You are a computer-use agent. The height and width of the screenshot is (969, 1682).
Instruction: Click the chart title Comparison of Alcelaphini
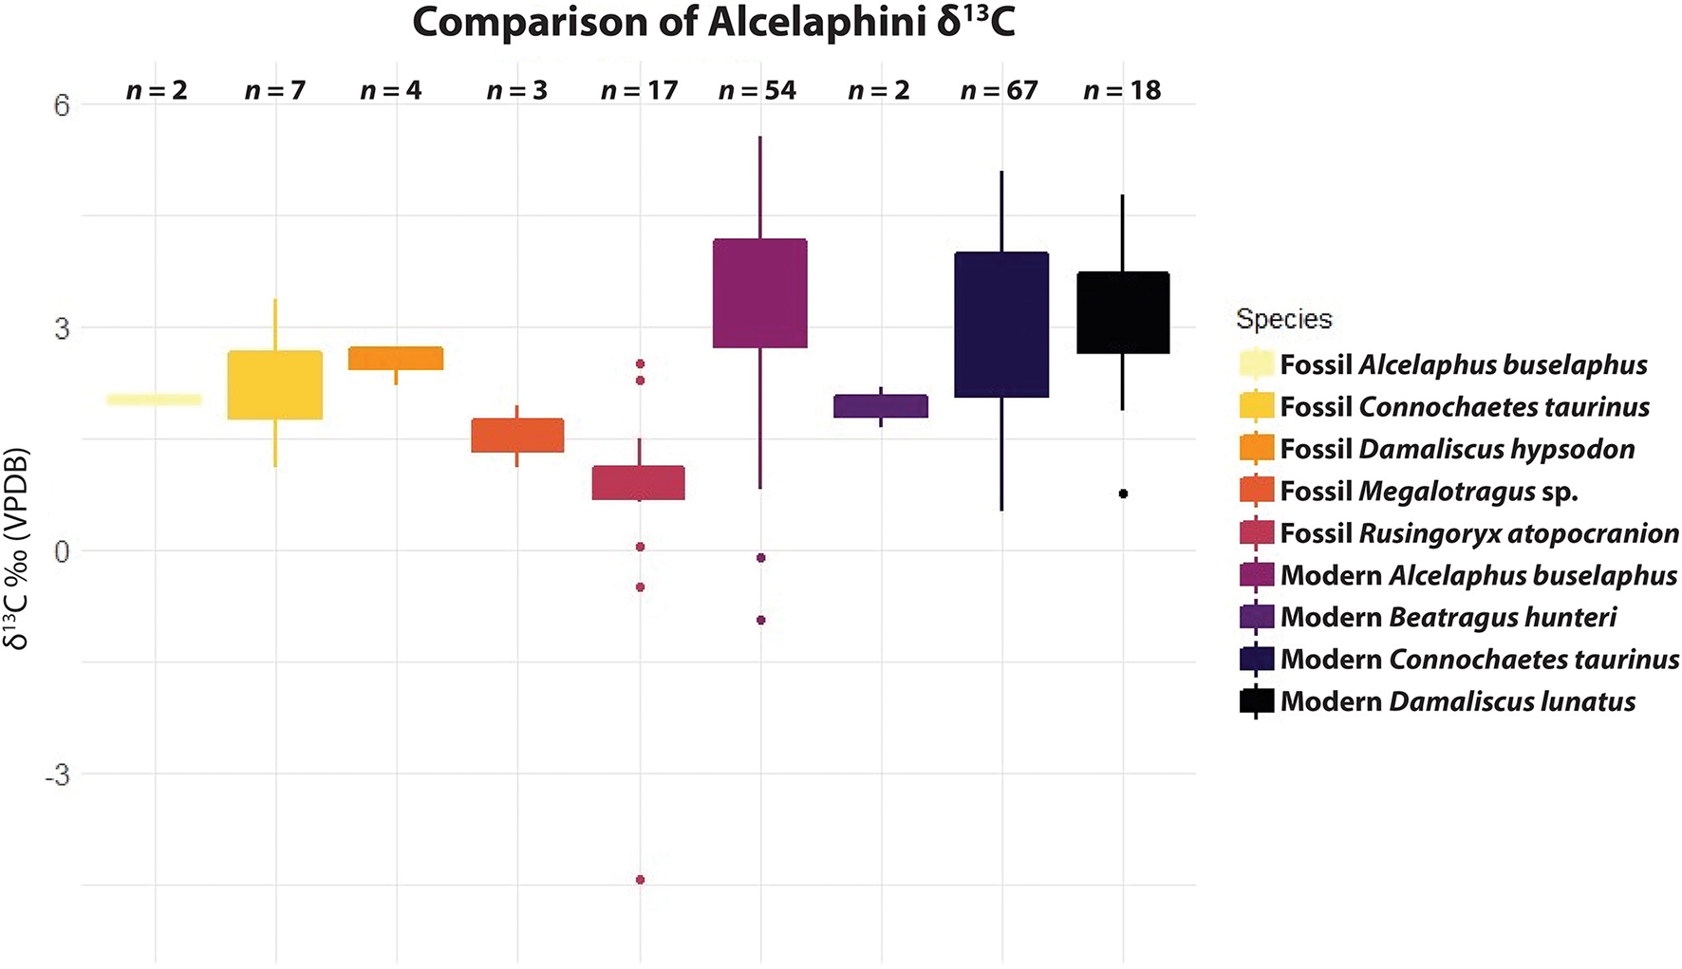pos(713,23)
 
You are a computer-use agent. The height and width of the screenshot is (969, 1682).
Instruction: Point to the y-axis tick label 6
pos(62,104)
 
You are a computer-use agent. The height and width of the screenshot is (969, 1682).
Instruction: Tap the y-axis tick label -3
pos(58,774)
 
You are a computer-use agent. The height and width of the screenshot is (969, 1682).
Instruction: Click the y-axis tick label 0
pos(62,551)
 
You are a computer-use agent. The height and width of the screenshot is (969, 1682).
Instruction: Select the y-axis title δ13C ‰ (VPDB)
pos(17,549)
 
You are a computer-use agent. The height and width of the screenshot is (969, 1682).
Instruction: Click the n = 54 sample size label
pos(757,91)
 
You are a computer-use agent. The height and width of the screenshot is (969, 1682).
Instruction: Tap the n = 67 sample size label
pos(1000,91)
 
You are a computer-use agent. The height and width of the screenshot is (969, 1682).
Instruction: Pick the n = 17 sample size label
pos(640,91)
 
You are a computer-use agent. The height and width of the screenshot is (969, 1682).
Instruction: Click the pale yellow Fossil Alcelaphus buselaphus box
pos(154,400)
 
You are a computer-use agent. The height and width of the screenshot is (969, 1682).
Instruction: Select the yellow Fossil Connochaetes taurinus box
pos(275,384)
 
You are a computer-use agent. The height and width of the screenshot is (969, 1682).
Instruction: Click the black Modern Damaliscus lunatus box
pos(1123,312)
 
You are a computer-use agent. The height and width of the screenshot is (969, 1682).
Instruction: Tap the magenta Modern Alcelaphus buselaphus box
pos(759,293)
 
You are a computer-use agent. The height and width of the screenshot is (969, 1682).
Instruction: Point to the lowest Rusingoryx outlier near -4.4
pos(640,880)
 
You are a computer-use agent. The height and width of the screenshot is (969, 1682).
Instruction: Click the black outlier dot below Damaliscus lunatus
pos(1123,494)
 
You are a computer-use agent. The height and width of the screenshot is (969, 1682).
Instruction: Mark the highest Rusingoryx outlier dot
pos(640,363)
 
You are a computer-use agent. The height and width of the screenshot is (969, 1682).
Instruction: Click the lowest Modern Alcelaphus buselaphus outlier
pos(760,620)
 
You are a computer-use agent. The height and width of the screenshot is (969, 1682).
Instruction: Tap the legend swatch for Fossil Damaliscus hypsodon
pos(1257,449)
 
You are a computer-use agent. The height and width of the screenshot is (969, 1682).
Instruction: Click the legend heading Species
pos(1283,319)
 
